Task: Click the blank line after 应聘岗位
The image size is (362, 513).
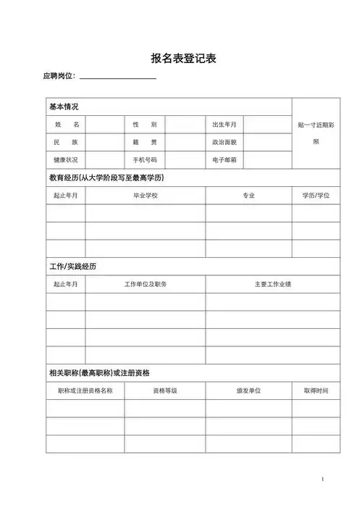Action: click(118, 76)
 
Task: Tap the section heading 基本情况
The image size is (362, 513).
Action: click(64, 107)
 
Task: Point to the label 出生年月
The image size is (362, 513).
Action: click(224, 125)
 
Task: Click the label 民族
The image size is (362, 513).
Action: click(65, 142)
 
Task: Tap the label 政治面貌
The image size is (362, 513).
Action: click(224, 142)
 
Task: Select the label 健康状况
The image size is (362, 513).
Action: click(65, 159)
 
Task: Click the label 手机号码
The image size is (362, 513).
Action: click(145, 159)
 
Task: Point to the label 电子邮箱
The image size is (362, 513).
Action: click(224, 159)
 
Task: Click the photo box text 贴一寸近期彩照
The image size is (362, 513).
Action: click(316, 133)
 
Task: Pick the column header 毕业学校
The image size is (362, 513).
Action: click(145, 196)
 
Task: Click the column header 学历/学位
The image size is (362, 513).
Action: click(316, 196)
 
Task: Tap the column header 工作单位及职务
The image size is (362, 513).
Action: click(146, 284)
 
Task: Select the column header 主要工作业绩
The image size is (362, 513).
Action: click(272, 284)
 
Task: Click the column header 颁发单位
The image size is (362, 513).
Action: click(248, 391)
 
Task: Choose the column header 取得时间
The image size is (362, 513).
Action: click(316, 391)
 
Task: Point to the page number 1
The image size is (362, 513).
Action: click(322, 480)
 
